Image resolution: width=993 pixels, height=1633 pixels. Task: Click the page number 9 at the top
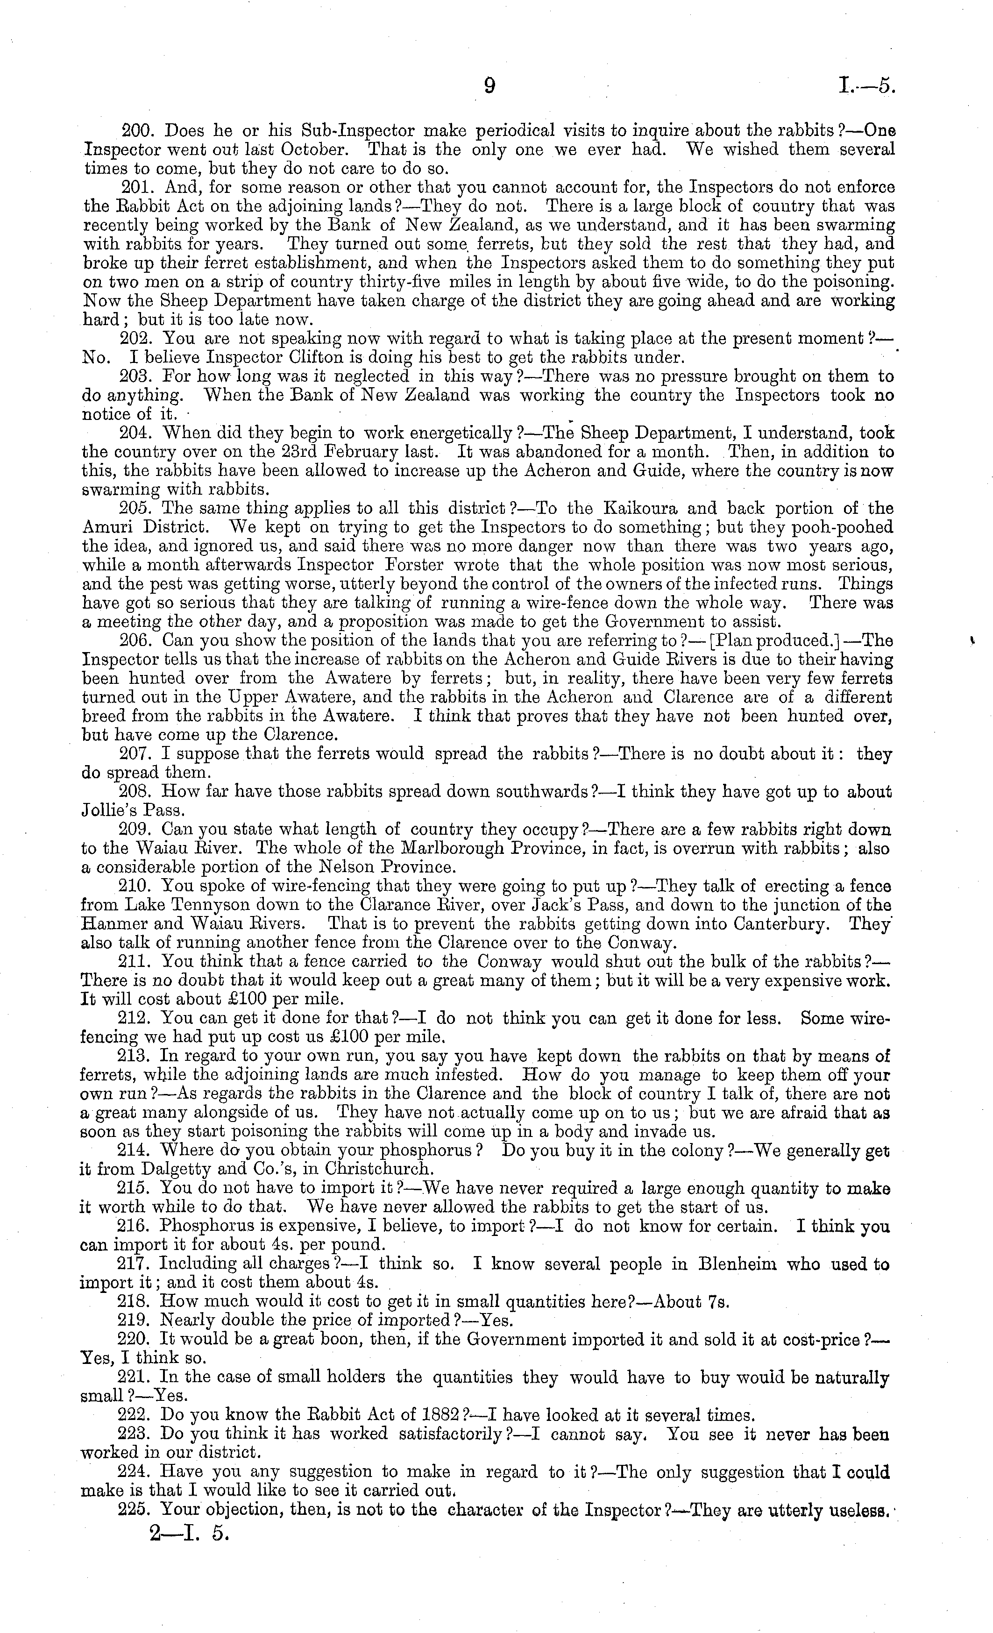[x=489, y=86]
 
